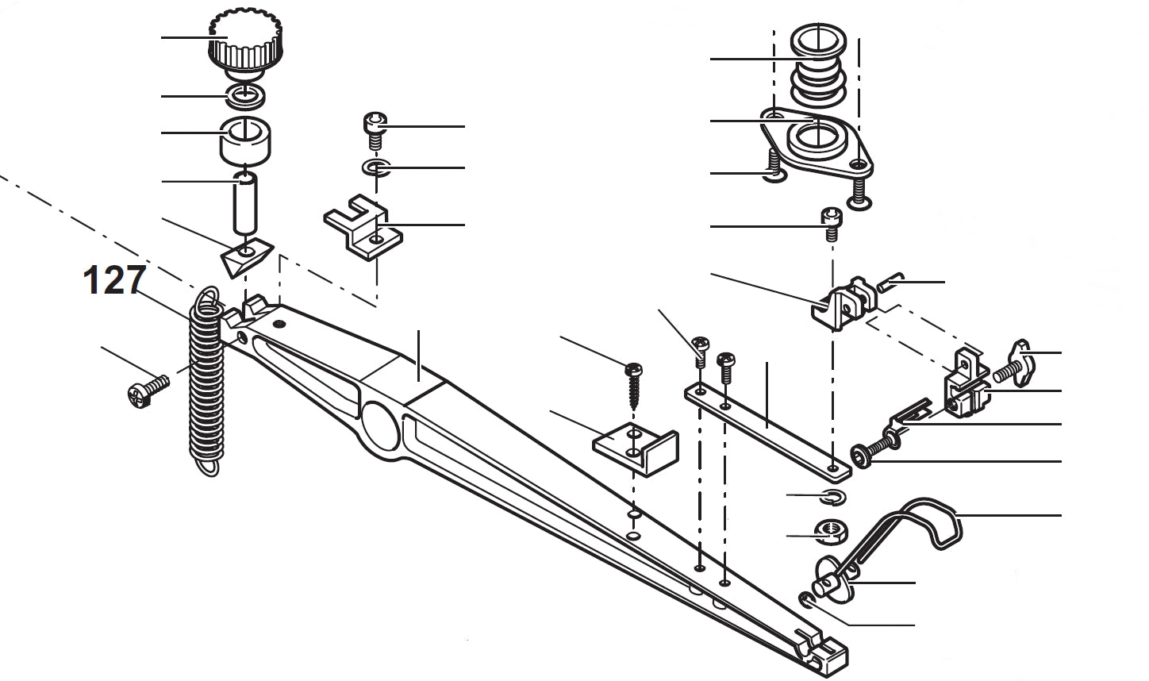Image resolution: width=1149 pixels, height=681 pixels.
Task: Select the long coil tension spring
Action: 206,381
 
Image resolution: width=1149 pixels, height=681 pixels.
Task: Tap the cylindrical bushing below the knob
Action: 245,140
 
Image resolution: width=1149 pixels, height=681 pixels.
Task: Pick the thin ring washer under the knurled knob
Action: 245,96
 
